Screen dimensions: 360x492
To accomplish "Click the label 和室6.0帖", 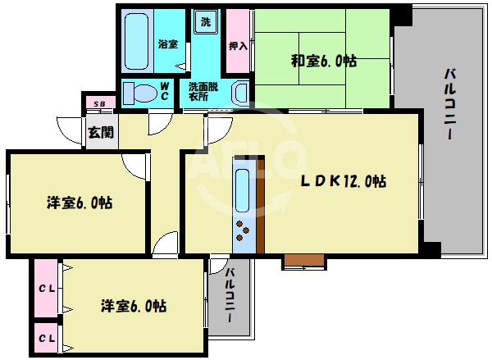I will click(x=323, y=60).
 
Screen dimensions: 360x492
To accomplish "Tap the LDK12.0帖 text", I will click(x=343, y=180).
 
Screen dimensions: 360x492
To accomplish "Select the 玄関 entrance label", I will click(x=101, y=131).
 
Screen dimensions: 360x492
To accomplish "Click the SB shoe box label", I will click(x=99, y=103).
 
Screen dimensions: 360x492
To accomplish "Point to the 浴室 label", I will click(x=167, y=43).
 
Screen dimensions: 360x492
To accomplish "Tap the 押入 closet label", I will click(x=237, y=45).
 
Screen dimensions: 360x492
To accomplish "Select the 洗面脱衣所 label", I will click(x=203, y=91).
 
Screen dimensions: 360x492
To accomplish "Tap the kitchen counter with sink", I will click(x=244, y=209).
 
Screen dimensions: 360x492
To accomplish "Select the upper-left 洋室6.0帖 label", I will click(x=79, y=203).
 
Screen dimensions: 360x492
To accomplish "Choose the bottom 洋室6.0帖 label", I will click(x=134, y=306).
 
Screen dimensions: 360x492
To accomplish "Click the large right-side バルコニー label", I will click(x=450, y=107).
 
